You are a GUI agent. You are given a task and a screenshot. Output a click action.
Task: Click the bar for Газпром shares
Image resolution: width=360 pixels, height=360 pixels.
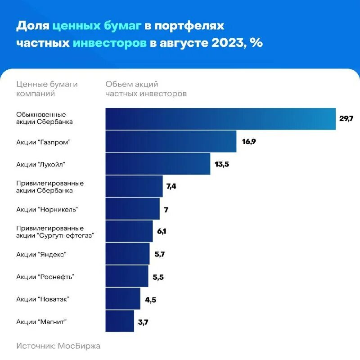coord(171,141)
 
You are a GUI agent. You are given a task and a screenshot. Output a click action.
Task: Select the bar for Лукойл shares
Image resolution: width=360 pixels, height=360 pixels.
coord(158,164)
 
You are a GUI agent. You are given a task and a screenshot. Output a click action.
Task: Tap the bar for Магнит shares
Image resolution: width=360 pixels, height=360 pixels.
coord(120,321)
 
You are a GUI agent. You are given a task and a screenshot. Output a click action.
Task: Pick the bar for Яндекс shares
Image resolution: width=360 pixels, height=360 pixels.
coord(127,254)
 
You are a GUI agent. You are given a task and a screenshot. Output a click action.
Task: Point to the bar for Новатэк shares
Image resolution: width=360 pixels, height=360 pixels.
coord(123,299)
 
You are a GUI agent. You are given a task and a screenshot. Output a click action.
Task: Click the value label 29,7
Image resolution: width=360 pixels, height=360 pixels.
coord(346,119)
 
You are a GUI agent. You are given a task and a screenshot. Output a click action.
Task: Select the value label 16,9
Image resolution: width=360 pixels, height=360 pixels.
coord(249,141)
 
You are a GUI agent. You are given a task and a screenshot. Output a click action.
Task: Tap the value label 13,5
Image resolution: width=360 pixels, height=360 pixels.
coord(222,164)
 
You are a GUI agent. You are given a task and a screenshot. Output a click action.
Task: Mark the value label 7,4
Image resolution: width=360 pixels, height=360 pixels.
coord(171,186)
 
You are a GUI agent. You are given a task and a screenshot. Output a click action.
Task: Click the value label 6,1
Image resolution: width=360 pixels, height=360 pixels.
coord(162,231)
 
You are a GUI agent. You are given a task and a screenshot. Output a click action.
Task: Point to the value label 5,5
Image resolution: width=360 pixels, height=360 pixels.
coord(158,277)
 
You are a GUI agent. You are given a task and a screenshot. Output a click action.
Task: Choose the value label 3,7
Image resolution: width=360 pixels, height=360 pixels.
coord(144,322)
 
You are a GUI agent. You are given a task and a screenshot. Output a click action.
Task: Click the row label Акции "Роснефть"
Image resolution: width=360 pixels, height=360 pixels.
coord(45,277)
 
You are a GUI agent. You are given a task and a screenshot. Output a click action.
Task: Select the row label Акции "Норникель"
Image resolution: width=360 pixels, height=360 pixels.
coord(47,209)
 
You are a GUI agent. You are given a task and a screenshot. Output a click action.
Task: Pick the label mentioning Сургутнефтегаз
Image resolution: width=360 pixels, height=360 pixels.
coord(54,232)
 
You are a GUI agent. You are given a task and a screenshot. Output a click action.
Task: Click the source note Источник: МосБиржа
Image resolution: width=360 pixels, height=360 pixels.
coord(58,346)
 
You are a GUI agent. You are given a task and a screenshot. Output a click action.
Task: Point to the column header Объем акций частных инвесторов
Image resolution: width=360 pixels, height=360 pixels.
coord(146,89)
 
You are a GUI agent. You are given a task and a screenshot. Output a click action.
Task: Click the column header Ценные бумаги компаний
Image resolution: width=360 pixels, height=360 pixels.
coord(47,89)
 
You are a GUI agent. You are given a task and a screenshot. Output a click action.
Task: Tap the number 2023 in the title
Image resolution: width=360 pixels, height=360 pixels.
coord(224,43)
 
